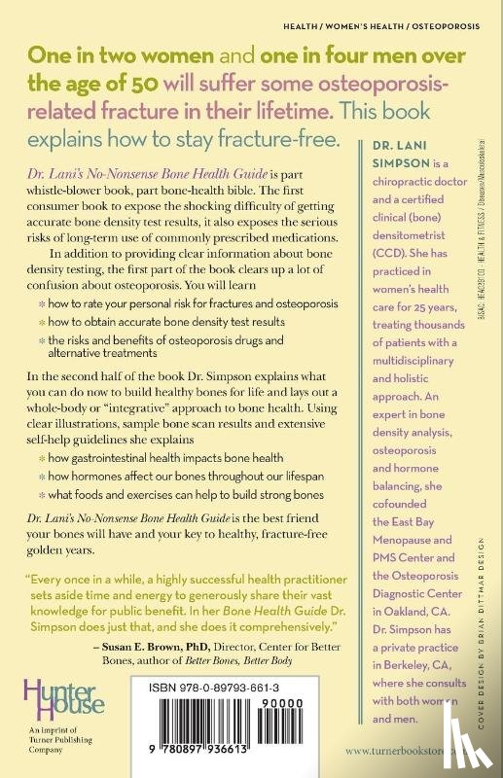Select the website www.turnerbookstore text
click(429, 750)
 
